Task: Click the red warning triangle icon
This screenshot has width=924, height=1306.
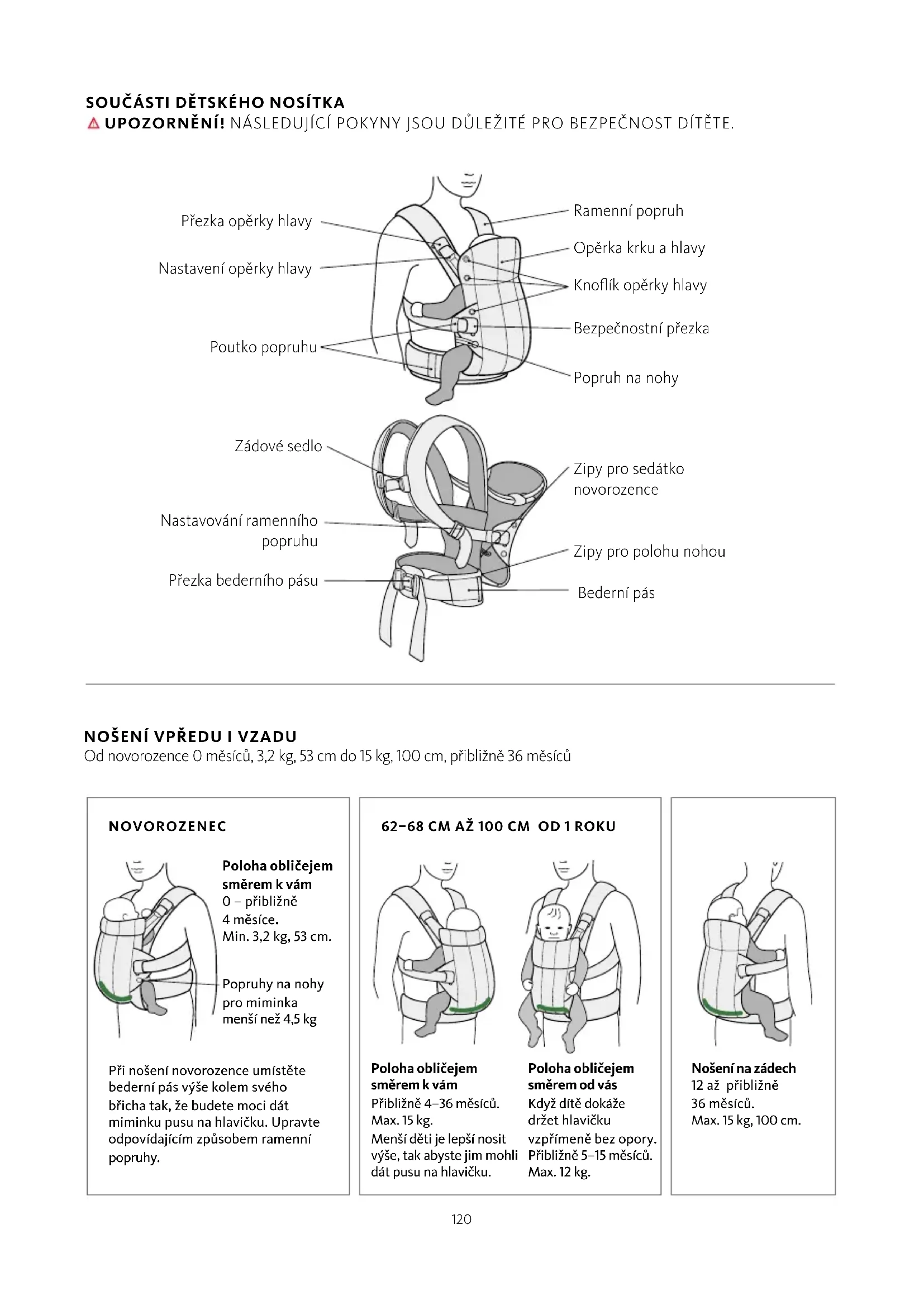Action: coord(93,123)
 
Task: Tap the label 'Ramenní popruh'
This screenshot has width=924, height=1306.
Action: coord(627,211)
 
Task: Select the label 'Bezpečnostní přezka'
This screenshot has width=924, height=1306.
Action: coord(641,328)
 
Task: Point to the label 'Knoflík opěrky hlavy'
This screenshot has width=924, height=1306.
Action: coord(640,285)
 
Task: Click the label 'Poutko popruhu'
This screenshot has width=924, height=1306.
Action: coord(263,347)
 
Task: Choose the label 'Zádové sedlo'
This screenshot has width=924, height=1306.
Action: coord(278,446)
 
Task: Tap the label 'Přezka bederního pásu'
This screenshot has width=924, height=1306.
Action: coord(243,581)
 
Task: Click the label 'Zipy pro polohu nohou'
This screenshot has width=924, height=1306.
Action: coord(649,551)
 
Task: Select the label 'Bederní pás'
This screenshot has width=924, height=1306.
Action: coord(616,593)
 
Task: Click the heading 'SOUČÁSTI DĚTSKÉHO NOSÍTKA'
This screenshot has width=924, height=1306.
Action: coord(215,103)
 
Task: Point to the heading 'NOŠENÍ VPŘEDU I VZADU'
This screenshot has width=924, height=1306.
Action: coord(190,736)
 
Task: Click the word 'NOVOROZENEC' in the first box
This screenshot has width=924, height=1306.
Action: coord(167,826)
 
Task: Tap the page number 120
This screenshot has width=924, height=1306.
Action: coord(461,1219)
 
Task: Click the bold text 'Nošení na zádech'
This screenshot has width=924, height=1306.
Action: coord(743,1068)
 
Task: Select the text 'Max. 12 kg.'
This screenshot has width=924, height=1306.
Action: coord(559,1172)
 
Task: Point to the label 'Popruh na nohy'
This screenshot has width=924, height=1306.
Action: coord(625,377)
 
